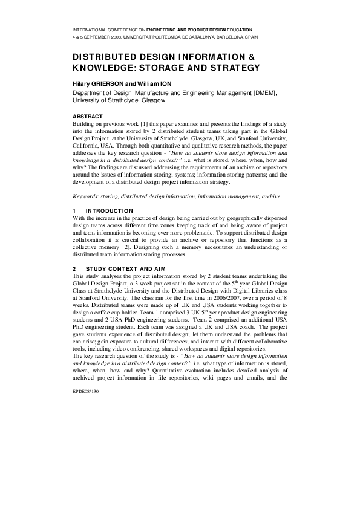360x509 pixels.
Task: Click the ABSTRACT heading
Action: point(88,116)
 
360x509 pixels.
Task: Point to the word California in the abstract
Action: point(87,145)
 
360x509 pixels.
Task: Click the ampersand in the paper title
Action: point(252,56)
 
